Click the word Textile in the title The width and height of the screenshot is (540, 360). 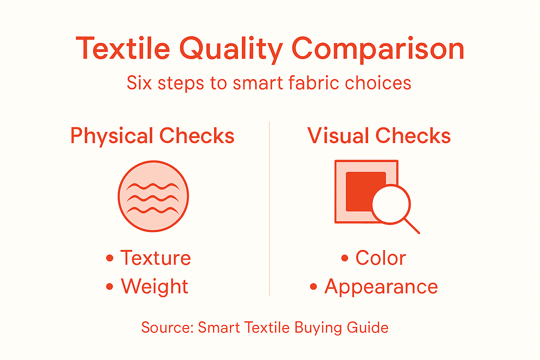[123, 49]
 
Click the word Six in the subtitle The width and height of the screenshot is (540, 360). [139, 83]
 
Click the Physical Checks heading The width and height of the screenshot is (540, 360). [152, 136]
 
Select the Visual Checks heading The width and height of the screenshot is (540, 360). [379, 136]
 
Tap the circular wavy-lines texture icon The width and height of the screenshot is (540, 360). [153, 196]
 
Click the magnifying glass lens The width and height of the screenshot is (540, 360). [391, 204]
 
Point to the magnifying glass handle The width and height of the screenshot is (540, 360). [412, 226]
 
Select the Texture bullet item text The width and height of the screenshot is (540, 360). [155, 258]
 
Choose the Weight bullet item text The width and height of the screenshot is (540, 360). [155, 287]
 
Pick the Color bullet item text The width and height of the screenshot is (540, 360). [381, 258]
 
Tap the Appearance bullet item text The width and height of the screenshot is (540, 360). [381, 287]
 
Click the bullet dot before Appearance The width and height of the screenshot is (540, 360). [314, 287]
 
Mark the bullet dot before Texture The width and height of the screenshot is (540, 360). [110, 258]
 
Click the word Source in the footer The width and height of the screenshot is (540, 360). [167, 328]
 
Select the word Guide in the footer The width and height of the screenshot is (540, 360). [368, 328]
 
